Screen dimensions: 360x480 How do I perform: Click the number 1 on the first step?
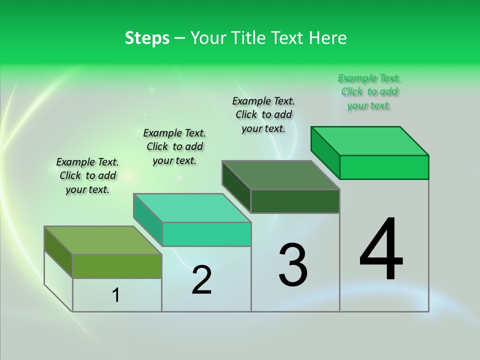tap(116, 295)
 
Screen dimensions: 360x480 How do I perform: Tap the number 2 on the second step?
tap(201, 280)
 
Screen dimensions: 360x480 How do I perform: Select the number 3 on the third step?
tap(292, 265)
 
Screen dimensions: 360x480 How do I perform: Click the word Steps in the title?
tap(147, 38)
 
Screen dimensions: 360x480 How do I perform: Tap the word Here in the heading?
tap(328, 38)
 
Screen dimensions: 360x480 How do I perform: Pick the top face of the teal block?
tap(192, 207)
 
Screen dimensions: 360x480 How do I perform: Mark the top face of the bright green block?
tap(370, 141)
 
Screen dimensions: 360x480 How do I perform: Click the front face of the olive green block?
tap(117, 266)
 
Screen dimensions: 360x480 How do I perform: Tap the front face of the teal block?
tap(206, 234)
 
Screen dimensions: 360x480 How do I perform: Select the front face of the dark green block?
tap(295, 201)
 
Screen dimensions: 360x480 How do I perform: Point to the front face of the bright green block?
tap(384, 167)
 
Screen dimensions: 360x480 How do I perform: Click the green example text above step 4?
tap(369, 91)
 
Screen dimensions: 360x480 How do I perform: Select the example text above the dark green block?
tap(263, 114)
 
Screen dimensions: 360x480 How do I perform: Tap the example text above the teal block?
tap(174, 146)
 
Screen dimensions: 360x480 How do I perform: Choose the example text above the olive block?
tap(87, 175)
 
